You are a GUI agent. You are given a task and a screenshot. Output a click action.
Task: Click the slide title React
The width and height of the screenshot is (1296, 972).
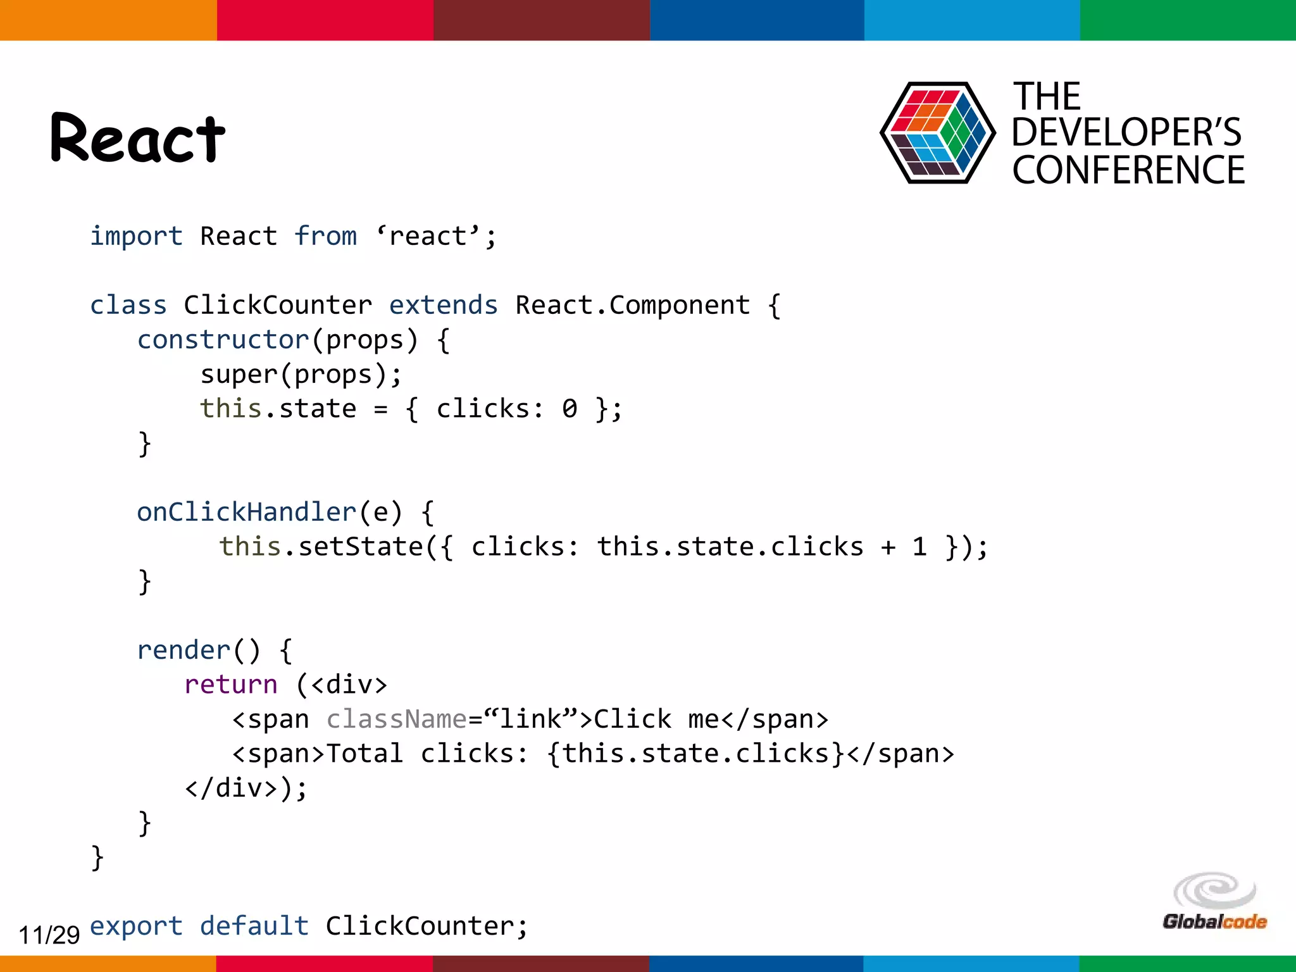tap(137, 138)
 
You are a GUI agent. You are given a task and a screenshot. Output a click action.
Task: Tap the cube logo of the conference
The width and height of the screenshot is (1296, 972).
tap(937, 133)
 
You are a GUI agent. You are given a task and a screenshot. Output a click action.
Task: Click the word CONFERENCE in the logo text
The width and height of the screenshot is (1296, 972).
tap(1128, 170)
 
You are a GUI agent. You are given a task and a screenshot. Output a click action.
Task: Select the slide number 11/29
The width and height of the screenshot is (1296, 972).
tap(49, 934)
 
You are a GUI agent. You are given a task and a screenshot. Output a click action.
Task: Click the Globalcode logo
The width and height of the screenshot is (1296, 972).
tap(1214, 903)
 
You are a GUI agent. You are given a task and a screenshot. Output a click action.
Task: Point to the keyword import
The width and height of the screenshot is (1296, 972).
tap(136, 237)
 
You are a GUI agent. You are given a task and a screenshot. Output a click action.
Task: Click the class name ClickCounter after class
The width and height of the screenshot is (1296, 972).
tap(278, 306)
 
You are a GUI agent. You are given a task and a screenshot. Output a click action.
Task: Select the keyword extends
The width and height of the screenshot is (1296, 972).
tap(443, 306)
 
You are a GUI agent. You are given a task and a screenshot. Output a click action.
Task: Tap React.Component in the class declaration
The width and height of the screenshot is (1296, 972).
tap(633, 306)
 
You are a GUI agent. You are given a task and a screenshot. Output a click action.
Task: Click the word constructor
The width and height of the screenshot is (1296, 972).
tap(223, 340)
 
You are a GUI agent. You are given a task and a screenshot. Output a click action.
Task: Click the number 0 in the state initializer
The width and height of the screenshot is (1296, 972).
tap(570, 409)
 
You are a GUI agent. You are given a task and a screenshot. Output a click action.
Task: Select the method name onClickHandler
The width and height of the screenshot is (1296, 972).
tap(247, 512)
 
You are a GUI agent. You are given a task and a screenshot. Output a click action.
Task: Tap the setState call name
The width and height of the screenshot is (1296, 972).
tap(360, 547)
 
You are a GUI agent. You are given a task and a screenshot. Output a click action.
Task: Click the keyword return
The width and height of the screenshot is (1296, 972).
tap(231, 685)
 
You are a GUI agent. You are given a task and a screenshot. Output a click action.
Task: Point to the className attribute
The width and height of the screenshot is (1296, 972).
tap(396, 720)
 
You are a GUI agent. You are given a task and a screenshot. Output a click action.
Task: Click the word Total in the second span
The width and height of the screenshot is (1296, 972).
tap(364, 754)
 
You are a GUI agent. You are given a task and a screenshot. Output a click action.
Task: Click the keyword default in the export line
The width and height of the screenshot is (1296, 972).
tap(254, 926)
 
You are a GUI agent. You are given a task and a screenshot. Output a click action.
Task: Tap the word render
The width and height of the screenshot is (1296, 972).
tap(184, 651)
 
